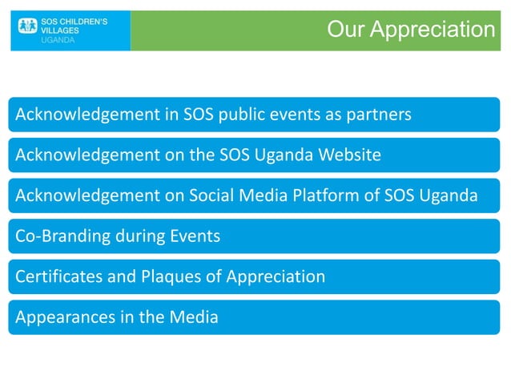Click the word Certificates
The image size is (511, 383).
pyautogui.click(x=55, y=277)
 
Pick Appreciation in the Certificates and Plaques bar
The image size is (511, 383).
pyautogui.click(x=275, y=277)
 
